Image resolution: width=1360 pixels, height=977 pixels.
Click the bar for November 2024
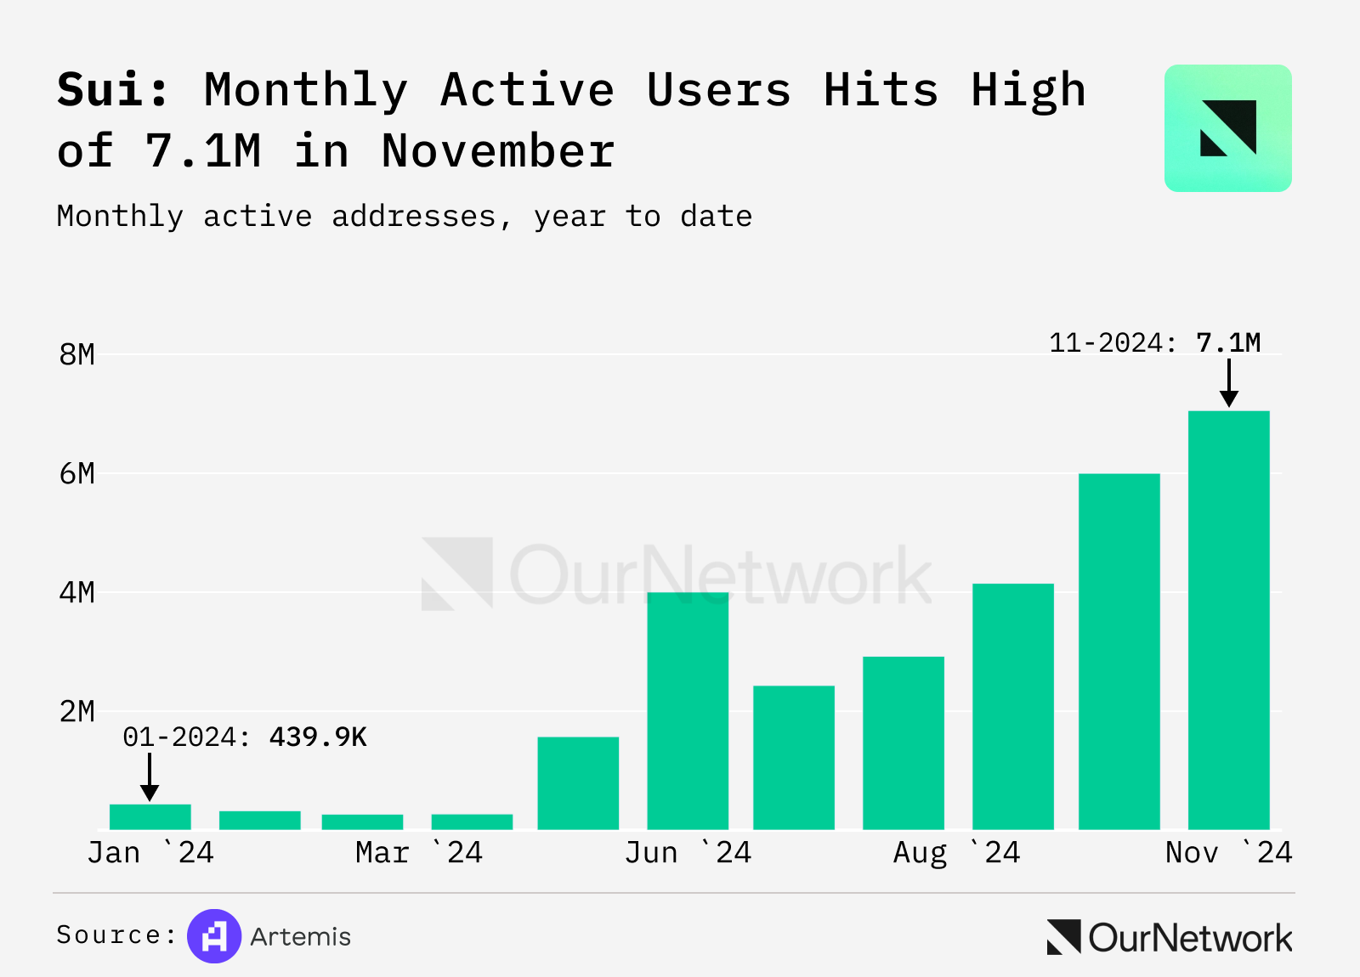coord(1228,620)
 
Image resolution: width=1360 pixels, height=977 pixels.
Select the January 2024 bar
coord(150,816)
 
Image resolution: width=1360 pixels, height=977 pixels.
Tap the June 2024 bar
coord(688,711)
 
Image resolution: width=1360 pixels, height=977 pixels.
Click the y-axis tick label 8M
coord(76,355)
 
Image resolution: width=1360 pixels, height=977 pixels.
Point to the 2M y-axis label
coord(76,712)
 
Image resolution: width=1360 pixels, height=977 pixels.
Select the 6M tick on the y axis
coord(76,474)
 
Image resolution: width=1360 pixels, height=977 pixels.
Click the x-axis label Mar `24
coord(419,852)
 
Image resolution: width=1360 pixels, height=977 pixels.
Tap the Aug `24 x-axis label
coord(956,852)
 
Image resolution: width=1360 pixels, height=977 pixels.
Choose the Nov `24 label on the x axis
coord(1228,852)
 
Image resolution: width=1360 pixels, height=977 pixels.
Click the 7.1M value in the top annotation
coord(1228,343)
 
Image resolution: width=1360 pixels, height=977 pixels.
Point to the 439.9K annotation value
coord(318,737)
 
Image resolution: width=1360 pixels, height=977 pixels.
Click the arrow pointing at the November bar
coord(1228,383)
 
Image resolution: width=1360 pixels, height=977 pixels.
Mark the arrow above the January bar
coord(150,777)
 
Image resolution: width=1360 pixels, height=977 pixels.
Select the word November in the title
coord(498,151)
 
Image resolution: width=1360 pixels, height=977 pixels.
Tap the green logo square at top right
coord(1227,128)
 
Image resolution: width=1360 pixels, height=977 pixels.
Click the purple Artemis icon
coord(214,936)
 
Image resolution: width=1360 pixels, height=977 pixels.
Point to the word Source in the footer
coord(110,935)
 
